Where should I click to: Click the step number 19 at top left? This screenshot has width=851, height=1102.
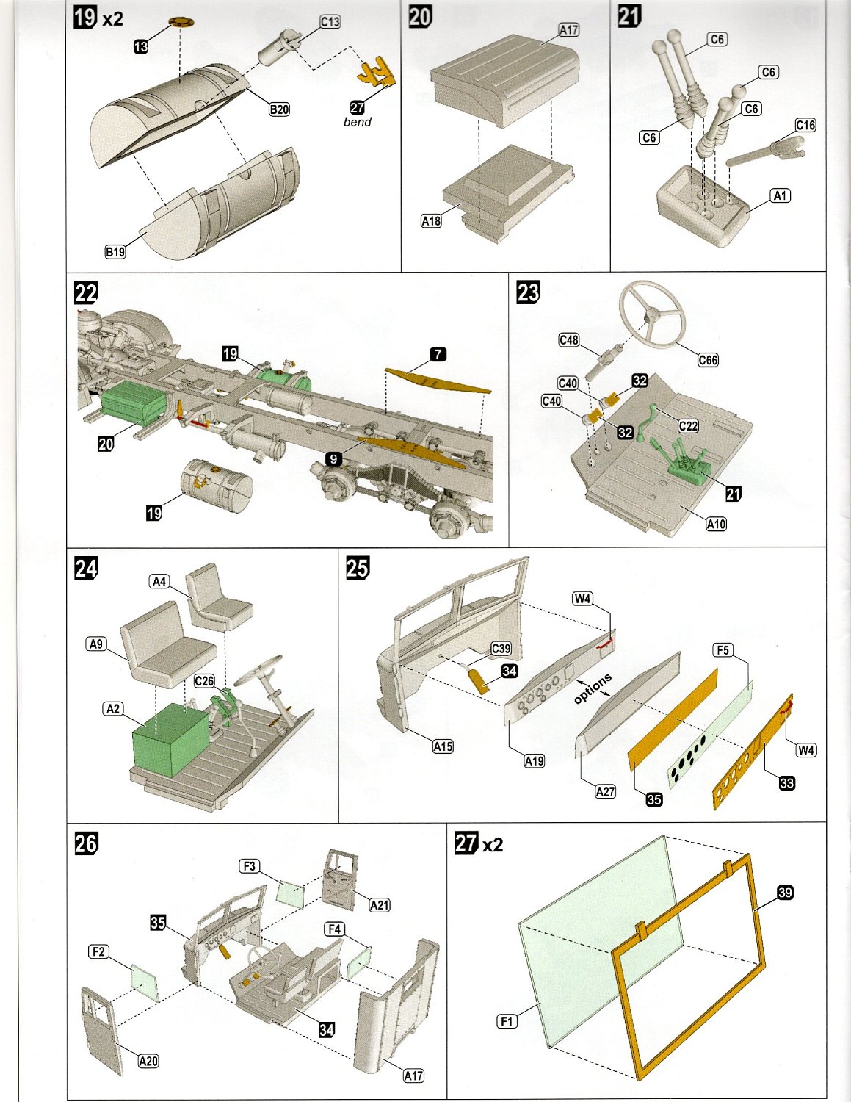click(x=85, y=16)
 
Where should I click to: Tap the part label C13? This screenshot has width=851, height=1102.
click(x=330, y=22)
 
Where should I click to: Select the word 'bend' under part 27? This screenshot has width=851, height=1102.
click(x=357, y=122)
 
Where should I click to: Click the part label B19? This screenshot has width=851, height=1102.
click(x=115, y=252)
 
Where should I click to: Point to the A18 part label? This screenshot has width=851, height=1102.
click(x=431, y=220)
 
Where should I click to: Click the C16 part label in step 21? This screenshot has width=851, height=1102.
click(x=805, y=125)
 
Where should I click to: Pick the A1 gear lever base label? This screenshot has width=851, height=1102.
click(x=780, y=195)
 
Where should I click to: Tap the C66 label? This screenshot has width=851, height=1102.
click(x=708, y=360)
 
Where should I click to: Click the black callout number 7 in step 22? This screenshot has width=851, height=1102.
click(x=438, y=354)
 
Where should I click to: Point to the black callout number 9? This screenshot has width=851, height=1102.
click(x=333, y=459)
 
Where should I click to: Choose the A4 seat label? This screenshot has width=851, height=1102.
click(x=159, y=582)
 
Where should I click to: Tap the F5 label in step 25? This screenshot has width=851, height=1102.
click(x=723, y=650)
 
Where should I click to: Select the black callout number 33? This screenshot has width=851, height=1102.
click(x=786, y=783)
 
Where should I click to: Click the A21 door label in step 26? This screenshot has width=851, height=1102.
click(x=380, y=905)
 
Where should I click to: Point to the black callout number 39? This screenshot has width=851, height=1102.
click(x=785, y=893)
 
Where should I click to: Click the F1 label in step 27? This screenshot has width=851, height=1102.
click(x=507, y=1021)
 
